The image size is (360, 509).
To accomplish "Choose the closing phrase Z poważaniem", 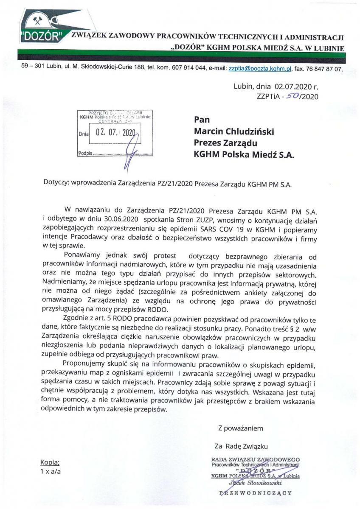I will pyautogui.click(x=241, y=428).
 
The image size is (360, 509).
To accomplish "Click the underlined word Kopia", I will pyautogui.click(x=50, y=463).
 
